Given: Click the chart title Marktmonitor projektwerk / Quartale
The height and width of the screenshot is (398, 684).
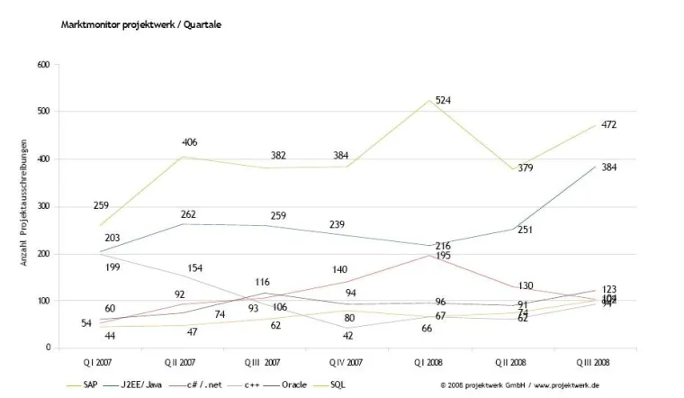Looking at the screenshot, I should pos(140,24).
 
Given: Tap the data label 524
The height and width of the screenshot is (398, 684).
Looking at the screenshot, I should pos(444,100).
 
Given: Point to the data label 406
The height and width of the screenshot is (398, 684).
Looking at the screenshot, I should pos(189,142).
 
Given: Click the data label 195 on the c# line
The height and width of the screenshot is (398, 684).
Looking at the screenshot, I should pos(444,257).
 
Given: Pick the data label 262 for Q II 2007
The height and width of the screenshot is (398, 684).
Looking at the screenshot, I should pos(189,214).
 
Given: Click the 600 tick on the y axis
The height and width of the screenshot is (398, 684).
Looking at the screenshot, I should pos(43,65).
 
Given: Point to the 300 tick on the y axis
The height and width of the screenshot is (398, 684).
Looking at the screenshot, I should pos(43,206).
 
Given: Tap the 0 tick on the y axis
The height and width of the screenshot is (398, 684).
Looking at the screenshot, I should pos(48,348).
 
